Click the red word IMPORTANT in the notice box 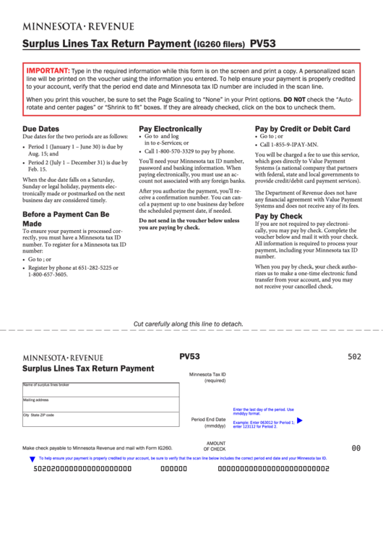click(48, 70)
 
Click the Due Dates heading click(40, 129)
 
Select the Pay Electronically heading click(170, 129)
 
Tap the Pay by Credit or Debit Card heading click(302, 129)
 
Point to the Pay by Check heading click(278, 216)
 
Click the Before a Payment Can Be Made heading click(66, 219)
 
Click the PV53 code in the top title click(262, 43)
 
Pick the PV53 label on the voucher click(189, 356)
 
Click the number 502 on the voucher click(354, 357)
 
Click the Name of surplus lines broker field click(100, 390)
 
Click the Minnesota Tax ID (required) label click(207, 377)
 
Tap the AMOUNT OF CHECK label click(215, 446)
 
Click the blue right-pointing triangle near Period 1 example click(300, 420)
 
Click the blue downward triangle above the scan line click(32, 460)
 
